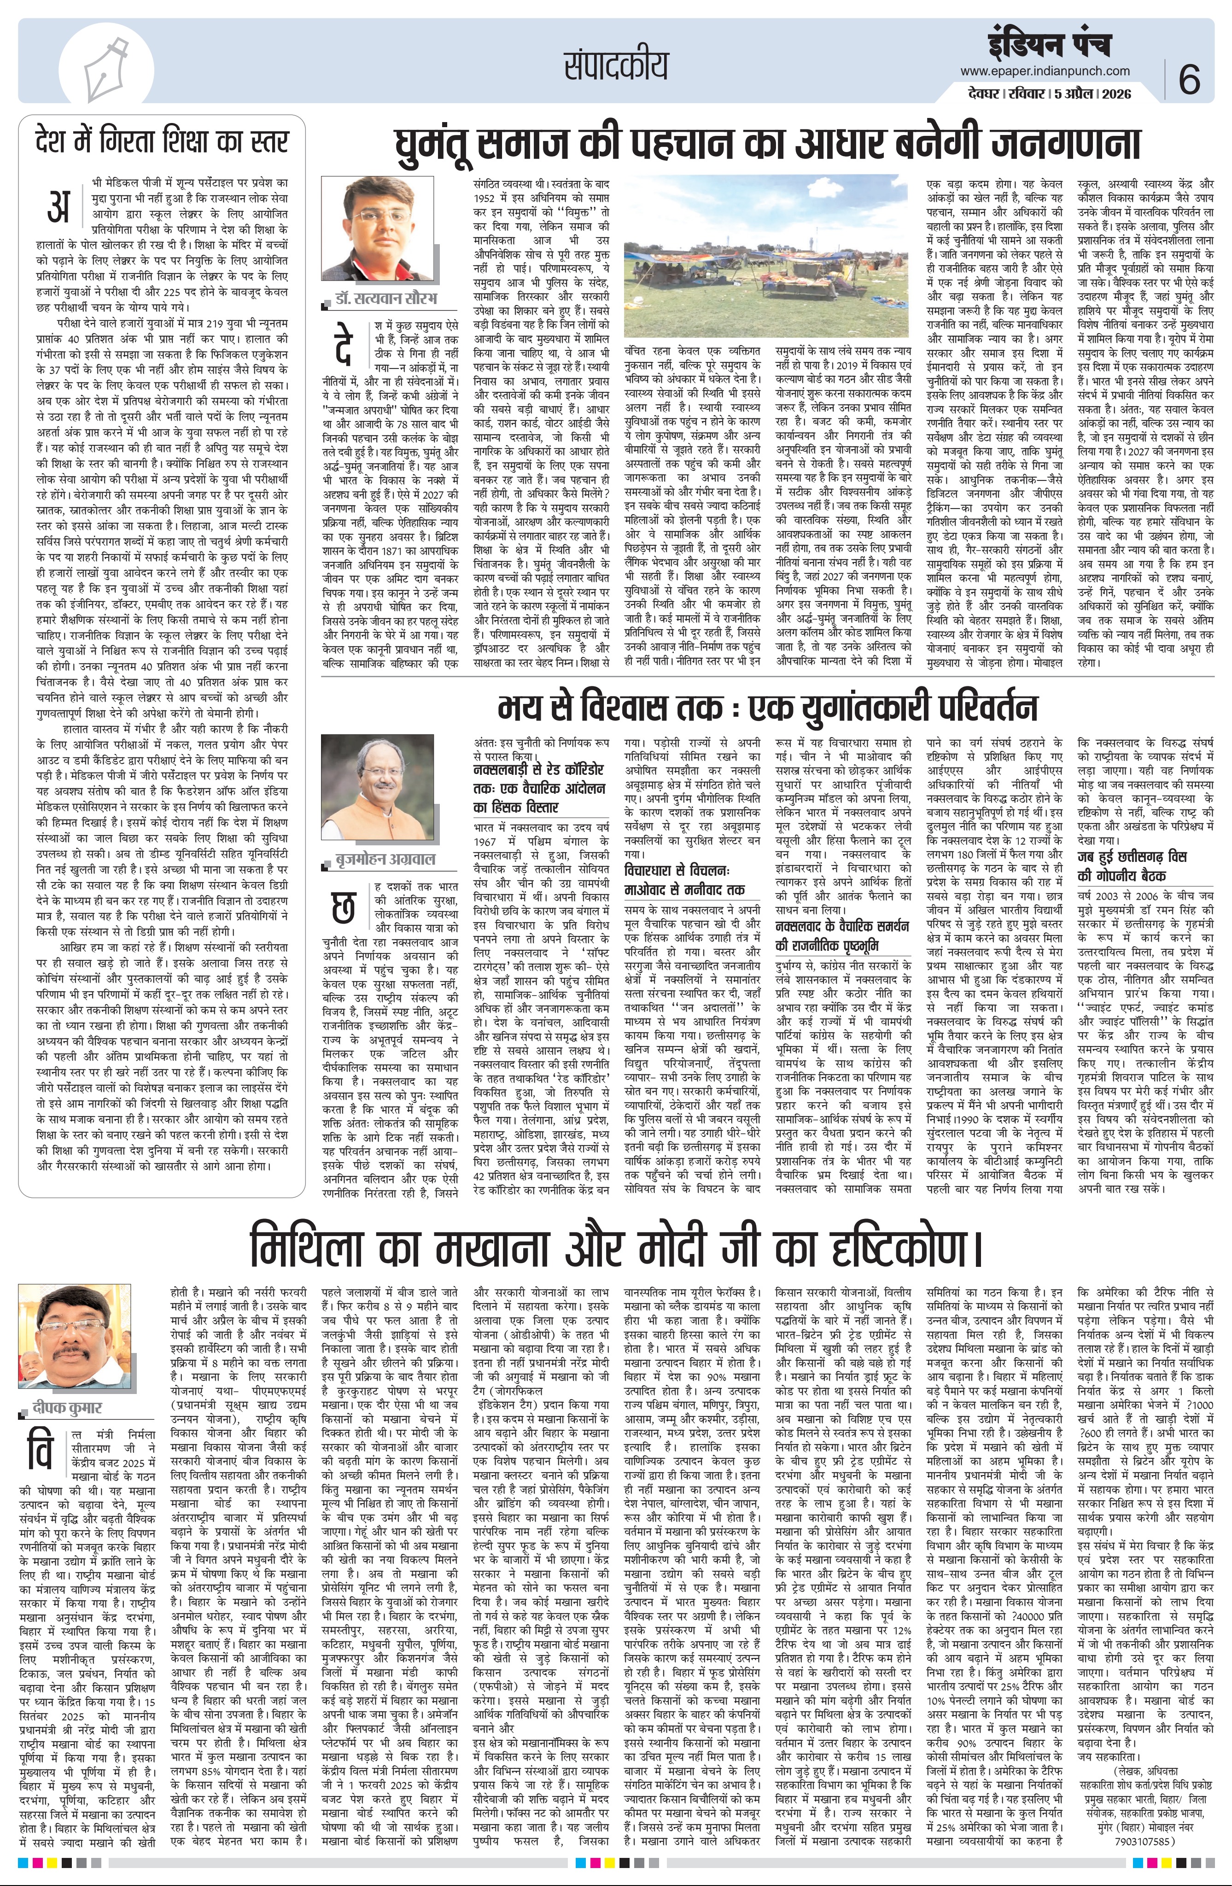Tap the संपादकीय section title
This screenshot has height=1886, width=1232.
click(x=616, y=64)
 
